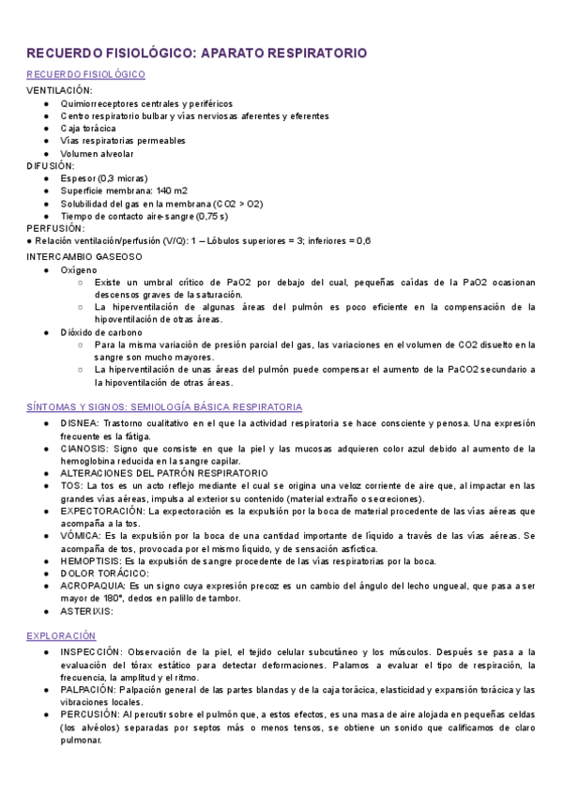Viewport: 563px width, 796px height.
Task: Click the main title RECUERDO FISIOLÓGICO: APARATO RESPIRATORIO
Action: pos(196,54)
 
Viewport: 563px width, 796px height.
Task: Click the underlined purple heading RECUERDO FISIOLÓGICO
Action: pos(85,74)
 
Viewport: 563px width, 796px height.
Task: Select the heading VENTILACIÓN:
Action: pos(59,90)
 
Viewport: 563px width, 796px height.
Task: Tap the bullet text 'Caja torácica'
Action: pos(88,129)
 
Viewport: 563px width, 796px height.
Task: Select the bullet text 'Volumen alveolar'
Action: pos(98,154)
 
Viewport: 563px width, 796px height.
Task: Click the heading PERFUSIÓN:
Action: pos(55,228)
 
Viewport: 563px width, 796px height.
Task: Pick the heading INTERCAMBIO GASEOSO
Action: pos(84,255)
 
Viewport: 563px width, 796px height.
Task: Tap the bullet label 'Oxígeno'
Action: pos(79,269)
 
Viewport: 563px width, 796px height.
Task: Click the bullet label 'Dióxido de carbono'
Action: pos(101,332)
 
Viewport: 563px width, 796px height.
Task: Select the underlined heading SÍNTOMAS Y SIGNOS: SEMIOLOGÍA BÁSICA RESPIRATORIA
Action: pos(164,407)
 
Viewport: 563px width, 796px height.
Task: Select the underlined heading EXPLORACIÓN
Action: pos(61,635)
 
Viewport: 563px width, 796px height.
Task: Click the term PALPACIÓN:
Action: pos(92,689)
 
